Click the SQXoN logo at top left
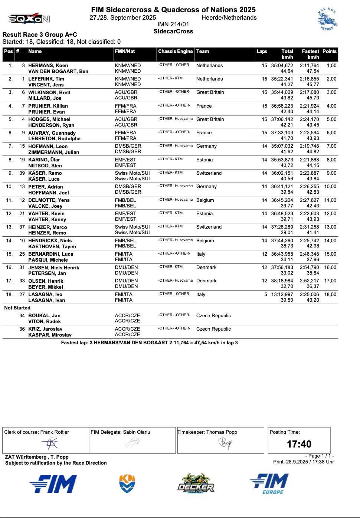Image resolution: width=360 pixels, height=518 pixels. tap(29, 19)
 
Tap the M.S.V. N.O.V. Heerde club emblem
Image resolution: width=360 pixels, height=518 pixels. tap(327, 19)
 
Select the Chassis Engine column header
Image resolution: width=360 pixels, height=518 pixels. tap(175, 52)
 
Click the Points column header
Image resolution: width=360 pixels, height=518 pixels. tap(329, 52)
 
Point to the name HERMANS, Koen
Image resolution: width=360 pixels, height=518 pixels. tap(48, 66)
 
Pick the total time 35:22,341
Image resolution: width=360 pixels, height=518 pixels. tap(282, 79)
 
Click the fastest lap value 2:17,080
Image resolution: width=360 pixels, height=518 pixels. tap(309, 92)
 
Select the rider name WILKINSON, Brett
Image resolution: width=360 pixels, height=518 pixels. tap(49, 92)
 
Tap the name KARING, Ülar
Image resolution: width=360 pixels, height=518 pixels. tap(44, 160)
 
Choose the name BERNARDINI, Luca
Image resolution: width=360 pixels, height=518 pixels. tap(51, 254)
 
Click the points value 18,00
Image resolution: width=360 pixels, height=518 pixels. tap(330, 295)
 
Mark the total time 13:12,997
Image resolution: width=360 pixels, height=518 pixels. tap(282, 295)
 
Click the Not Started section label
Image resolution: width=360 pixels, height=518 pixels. tap(17, 308)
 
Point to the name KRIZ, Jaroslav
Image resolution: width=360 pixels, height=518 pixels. tap(45, 329)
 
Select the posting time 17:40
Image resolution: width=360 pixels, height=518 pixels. tap(299, 444)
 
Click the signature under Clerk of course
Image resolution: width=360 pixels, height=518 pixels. tap(50, 443)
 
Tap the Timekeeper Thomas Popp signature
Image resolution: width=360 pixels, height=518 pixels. tap(225, 443)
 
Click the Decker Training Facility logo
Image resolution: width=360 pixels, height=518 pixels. tap(196, 484)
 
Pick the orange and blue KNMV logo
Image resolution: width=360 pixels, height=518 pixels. tap(127, 484)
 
